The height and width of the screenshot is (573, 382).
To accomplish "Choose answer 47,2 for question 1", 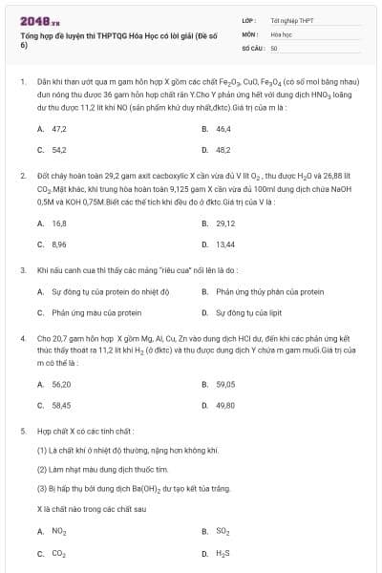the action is coord(58,128).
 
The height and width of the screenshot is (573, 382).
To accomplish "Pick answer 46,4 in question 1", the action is coord(223,128).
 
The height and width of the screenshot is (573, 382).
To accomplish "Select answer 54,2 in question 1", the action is coord(58,150).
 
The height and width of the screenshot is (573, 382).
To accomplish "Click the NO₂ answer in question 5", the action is coord(58,531).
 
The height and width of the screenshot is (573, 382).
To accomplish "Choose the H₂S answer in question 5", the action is coord(224,553).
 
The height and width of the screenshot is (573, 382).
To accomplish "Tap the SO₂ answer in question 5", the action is coord(224,531).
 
